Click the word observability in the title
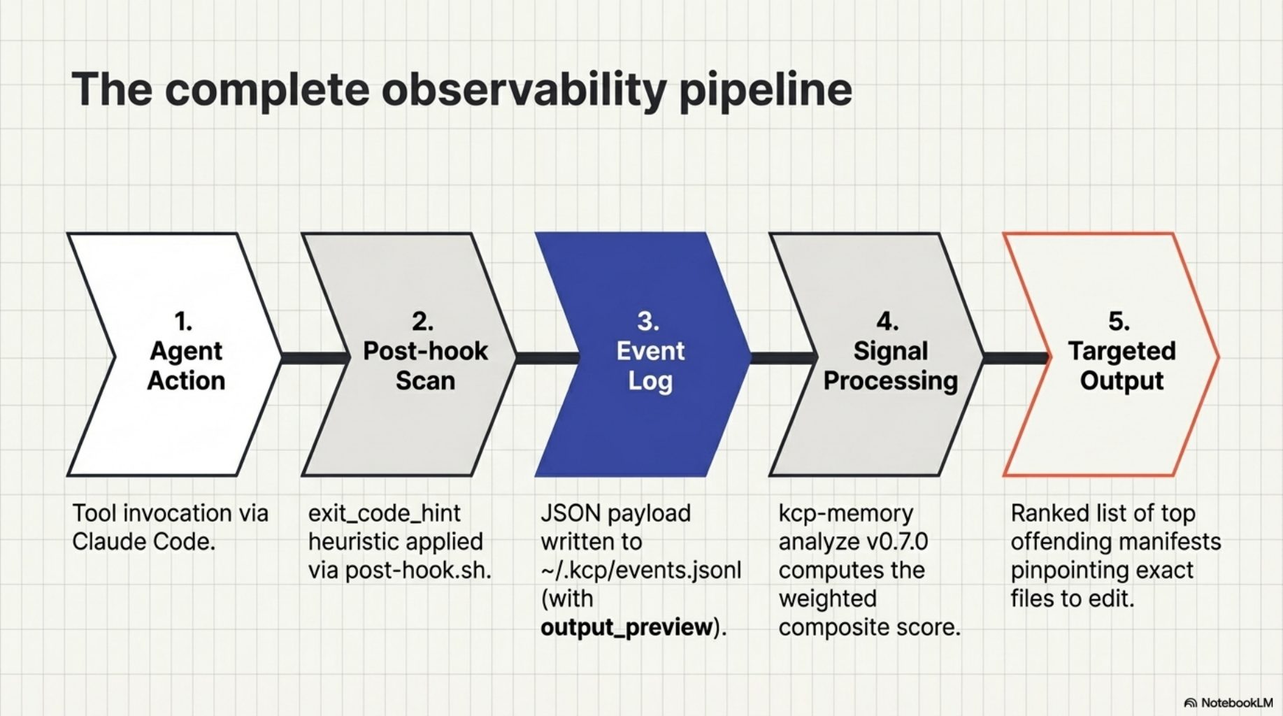tap(523, 89)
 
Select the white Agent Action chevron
tap(175, 420)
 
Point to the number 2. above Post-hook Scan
tap(422, 321)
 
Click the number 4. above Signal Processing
tap(888, 321)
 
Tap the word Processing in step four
tap(890, 381)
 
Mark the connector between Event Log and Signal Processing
tap(783, 358)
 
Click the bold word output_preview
tap(626, 627)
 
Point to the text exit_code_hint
tap(384, 513)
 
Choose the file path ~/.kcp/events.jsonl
tap(640, 570)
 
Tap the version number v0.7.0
tap(897, 542)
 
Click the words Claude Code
tap(143, 542)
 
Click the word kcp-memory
tap(845, 513)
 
